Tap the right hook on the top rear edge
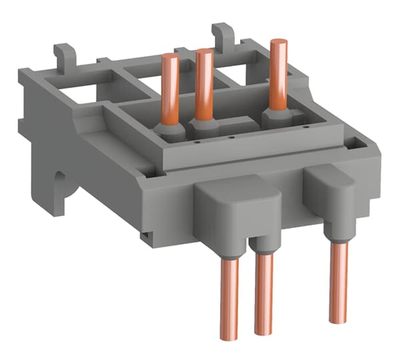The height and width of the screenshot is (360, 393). pyautogui.click(x=221, y=33)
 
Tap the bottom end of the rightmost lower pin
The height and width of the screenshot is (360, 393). pyautogui.click(x=339, y=319)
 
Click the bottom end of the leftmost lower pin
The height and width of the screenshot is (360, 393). pyautogui.click(x=232, y=335)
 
